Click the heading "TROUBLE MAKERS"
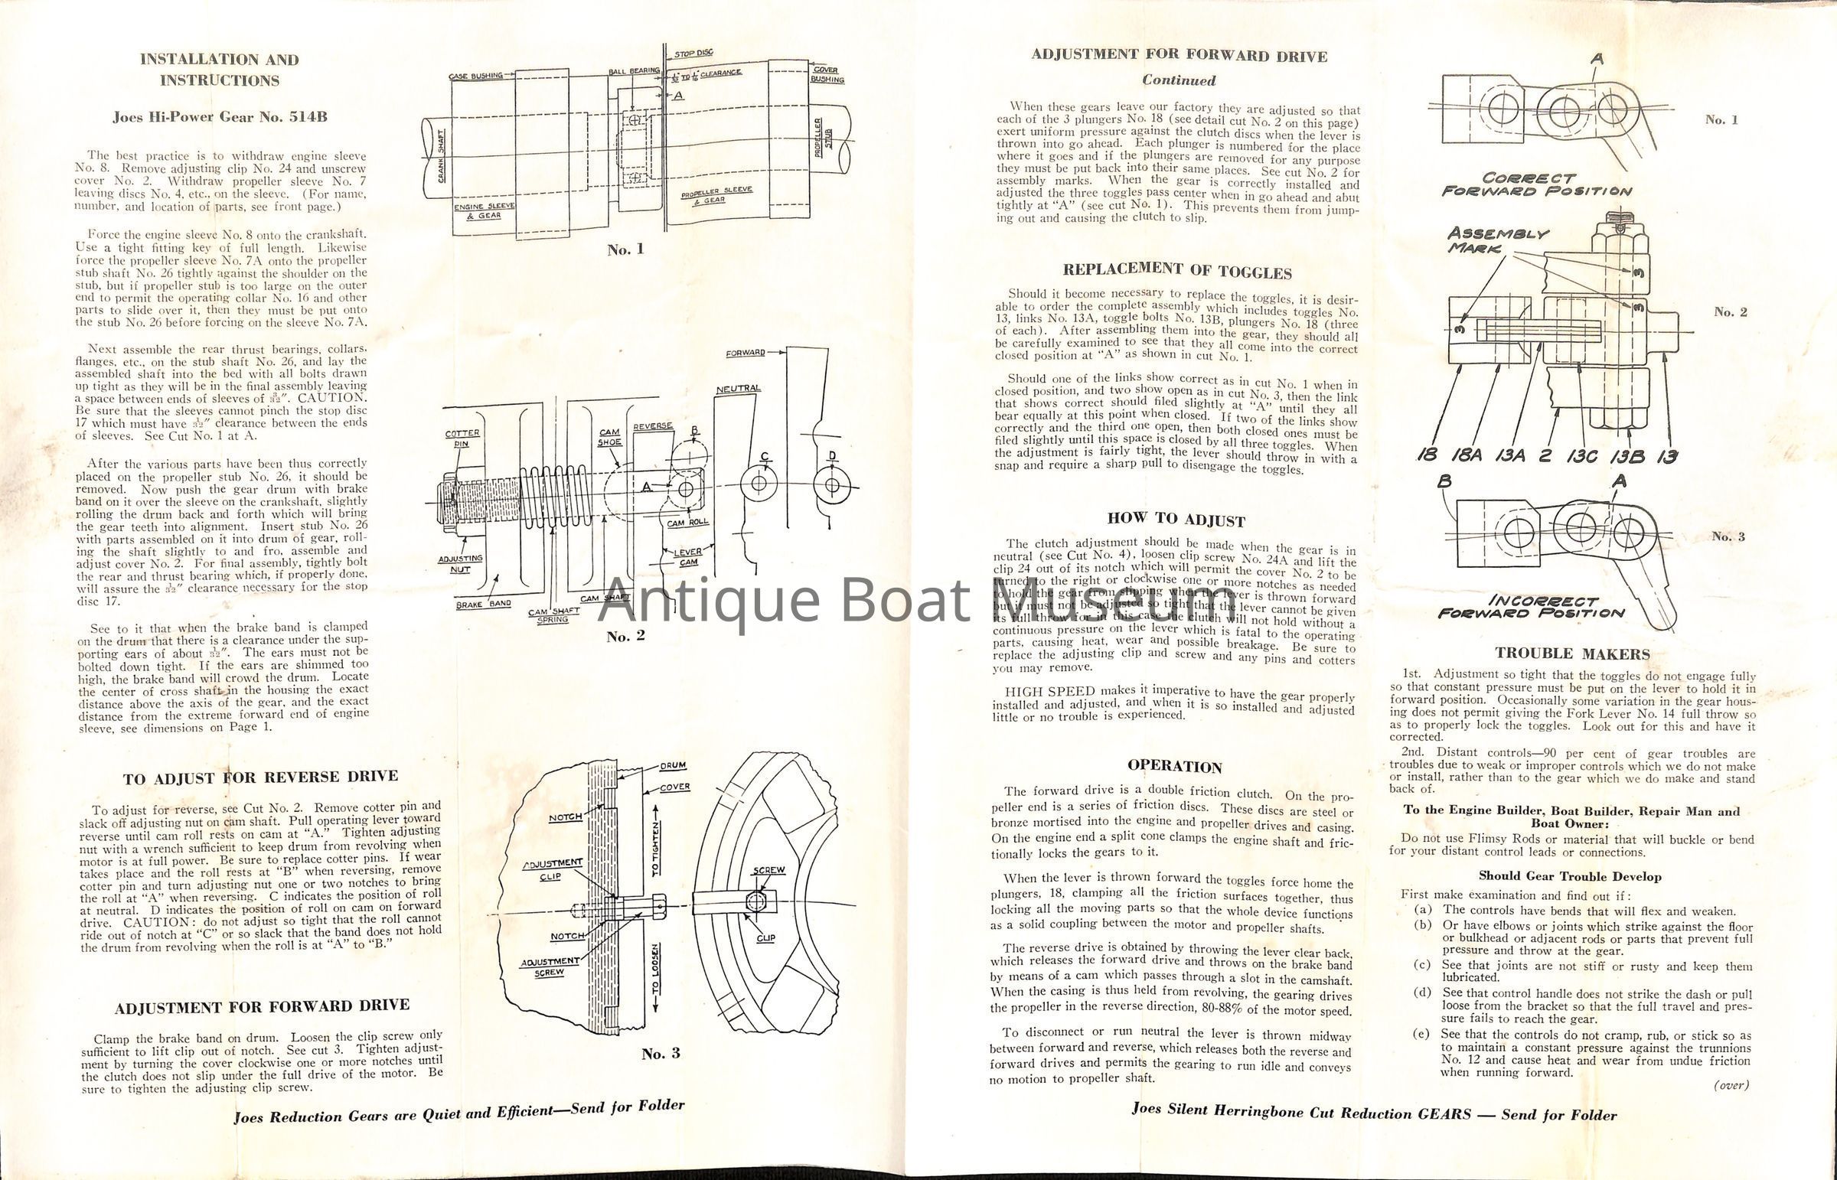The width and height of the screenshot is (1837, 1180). click(1573, 654)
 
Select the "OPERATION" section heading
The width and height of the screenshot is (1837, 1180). click(1174, 767)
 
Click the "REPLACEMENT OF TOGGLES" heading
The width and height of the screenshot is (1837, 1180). click(1176, 271)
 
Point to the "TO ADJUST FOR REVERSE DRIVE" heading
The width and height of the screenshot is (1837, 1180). click(260, 777)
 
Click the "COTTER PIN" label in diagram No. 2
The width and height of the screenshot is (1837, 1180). click(462, 438)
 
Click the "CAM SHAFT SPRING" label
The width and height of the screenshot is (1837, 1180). click(553, 614)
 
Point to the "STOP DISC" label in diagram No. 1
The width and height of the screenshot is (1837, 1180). click(693, 54)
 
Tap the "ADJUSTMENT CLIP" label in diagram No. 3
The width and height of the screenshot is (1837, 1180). click(552, 869)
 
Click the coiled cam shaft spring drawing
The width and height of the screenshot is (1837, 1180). click(547, 500)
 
